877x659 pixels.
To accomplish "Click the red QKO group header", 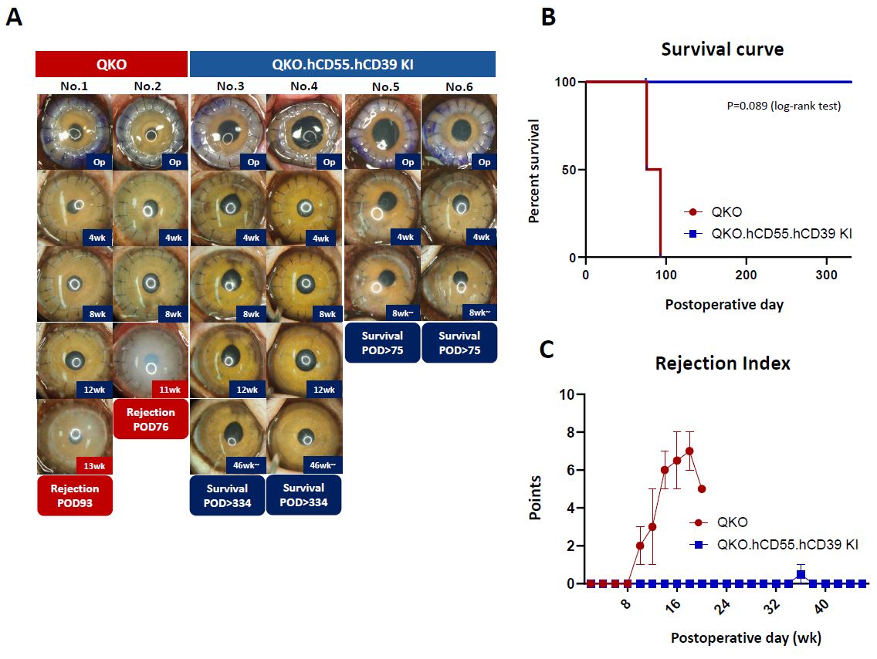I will tap(112, 63).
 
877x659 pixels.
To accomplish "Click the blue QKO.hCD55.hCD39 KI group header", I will tap(342, 63).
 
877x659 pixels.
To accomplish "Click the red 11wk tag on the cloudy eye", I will tap(171, 388).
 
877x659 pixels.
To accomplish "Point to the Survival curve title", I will tap(722, 49).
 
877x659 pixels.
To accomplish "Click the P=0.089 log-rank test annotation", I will tap(781, 106).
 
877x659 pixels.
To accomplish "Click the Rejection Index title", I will tap(723, 363).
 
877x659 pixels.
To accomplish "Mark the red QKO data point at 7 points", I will tap(689, 451).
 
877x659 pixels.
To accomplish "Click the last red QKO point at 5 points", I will tap(702, 488).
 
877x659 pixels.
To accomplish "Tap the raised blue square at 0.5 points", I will tap(801, 573).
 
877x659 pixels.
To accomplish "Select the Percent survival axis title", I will tap(534, 170).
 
